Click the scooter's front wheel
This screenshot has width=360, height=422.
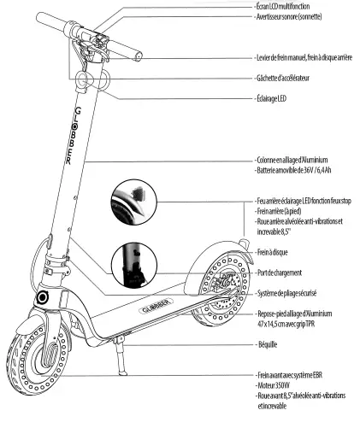pos(33,359)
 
